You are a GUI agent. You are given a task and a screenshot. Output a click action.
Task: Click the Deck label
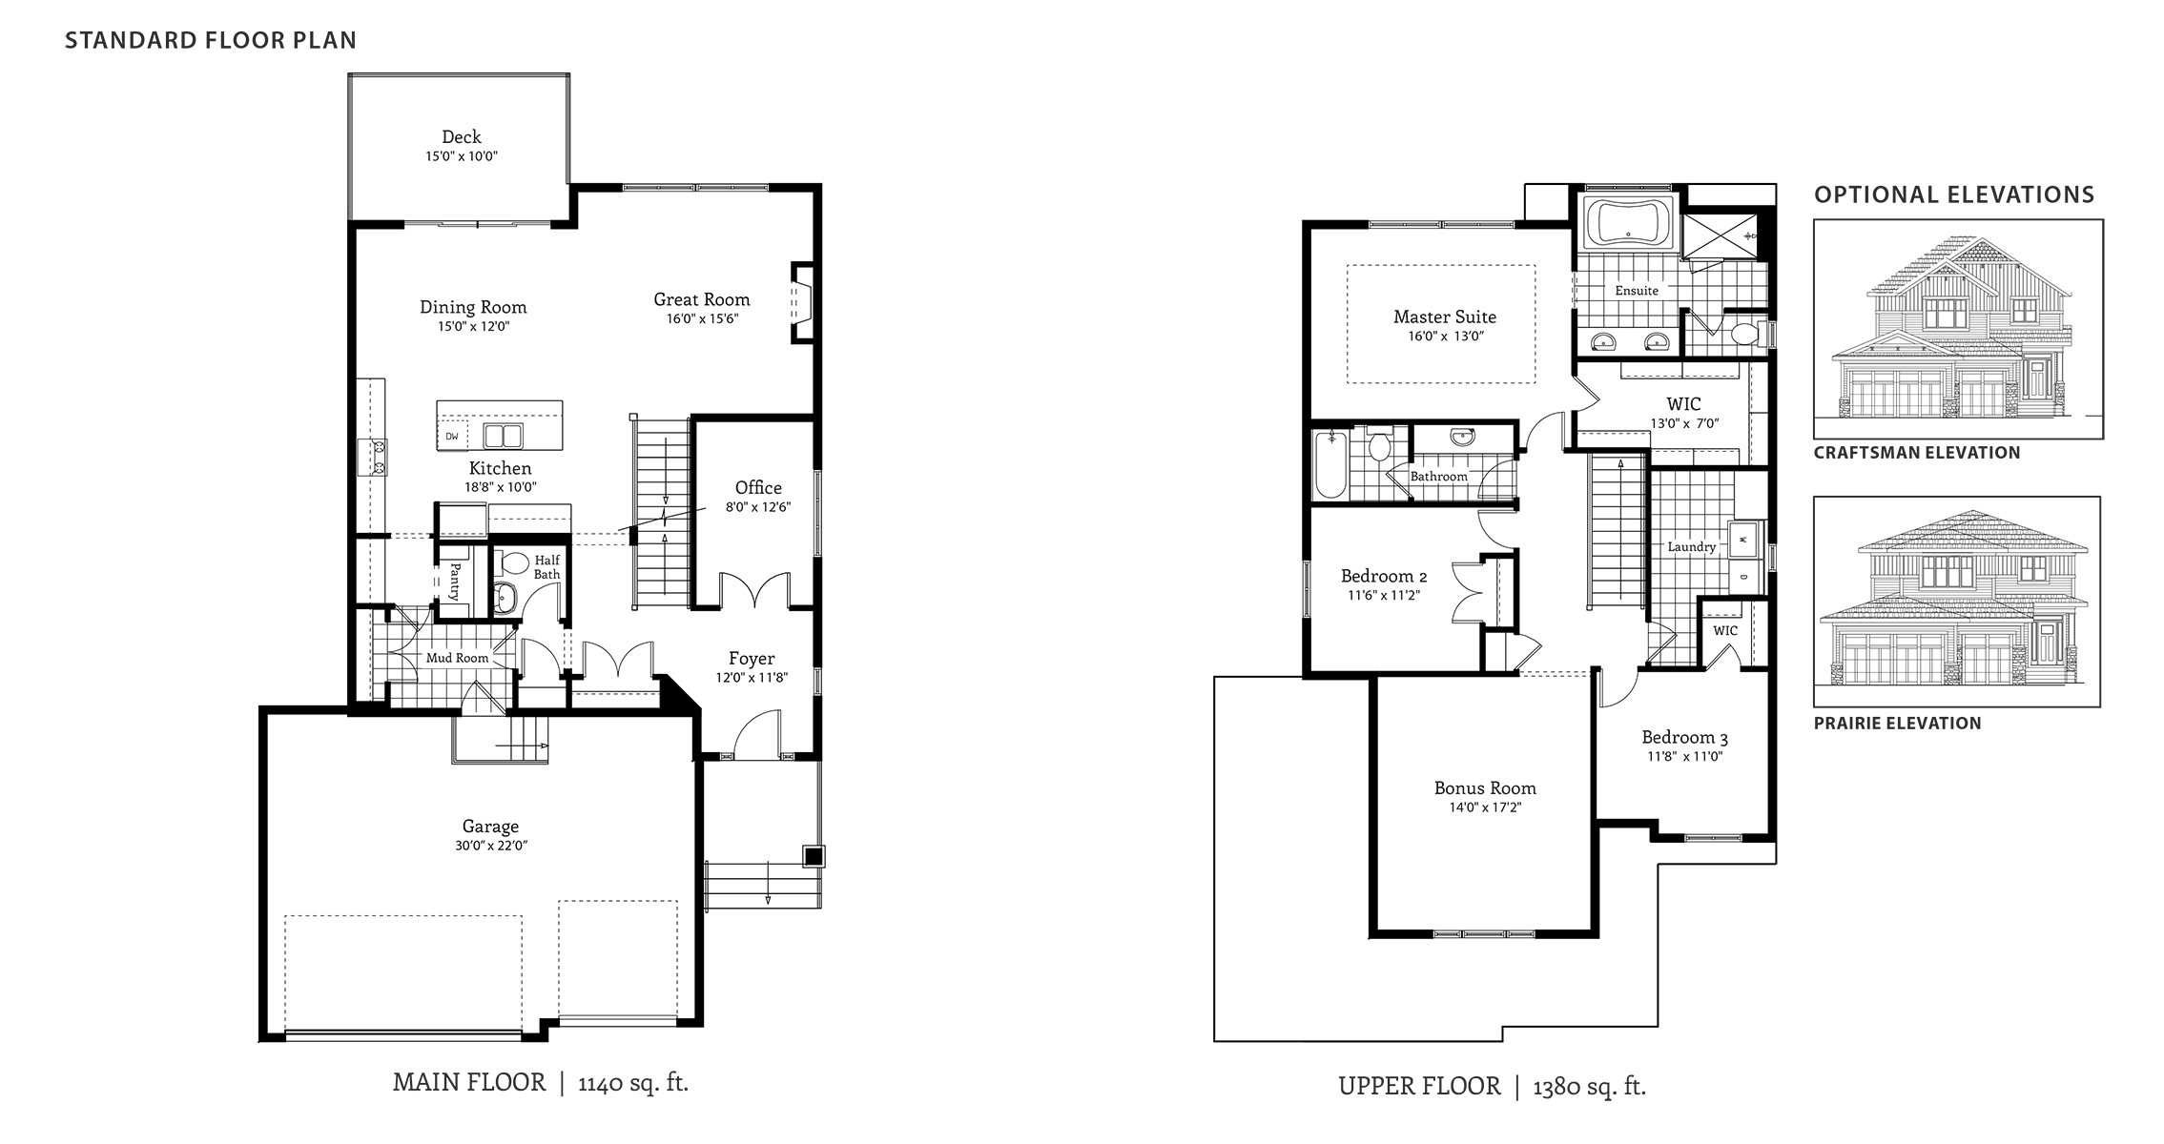[x=462, y=137]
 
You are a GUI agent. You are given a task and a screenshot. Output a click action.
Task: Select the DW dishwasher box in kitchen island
[x=452, y=437]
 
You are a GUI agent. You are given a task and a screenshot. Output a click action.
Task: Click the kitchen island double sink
[x=503, y=436]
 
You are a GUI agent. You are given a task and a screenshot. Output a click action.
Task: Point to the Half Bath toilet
[x=515, y=563]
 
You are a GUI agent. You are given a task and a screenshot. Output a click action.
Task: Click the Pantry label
[x=456, y=580]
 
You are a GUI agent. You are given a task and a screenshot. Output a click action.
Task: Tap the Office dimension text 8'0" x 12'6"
[x=758, y=507]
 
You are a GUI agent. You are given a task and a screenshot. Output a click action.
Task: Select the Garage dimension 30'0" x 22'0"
[x=490, y=846]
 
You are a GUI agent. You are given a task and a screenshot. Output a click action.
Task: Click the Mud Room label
[x=457, y=658]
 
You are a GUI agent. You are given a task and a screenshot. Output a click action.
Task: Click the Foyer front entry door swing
[x=757, y=734]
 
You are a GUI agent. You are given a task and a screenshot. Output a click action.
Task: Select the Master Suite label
[x=1444, y=317]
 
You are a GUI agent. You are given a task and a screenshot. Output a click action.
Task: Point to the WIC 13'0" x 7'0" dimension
[x=1684, y=423]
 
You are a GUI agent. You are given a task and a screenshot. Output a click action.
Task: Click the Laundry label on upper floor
[x=1691, y=547]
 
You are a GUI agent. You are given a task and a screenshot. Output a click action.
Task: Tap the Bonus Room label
[x=1484, y=788]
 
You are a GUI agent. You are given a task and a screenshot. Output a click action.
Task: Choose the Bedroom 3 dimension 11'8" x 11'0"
[x=1684, y=757]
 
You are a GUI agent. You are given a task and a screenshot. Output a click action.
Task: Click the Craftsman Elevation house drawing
[x=1957, y=329]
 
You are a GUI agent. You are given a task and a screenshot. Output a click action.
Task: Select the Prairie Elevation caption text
[x=1897, y=724]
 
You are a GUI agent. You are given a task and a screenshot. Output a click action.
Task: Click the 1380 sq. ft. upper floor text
[x=1589, y=1086]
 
